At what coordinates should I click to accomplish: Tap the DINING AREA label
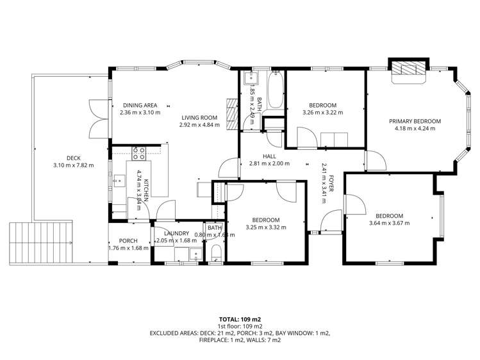[x=140, y=105]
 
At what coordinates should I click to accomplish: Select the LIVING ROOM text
[x=199, y=117]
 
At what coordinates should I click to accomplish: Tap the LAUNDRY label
[x=176, y=234]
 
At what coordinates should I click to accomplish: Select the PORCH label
[x=128, y=240]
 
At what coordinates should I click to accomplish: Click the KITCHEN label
[x=145, y=191]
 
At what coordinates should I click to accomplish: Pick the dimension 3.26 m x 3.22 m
[x=322, y=112]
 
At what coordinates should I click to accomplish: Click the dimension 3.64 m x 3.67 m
[x=389, y=223]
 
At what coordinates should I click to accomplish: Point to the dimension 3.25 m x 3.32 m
[x=265, y=226]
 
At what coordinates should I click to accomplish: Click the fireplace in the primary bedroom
[x=408, y=69]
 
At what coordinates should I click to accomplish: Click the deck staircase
[x=40, y=243]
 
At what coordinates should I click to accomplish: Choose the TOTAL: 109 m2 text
[x=240, y=318]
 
